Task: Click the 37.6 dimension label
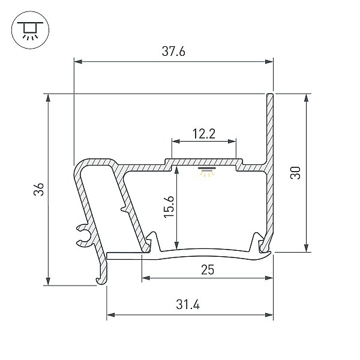(x=173, y=51)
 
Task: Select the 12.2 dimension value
(x=204, y=134)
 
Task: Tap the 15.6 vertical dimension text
(x=169, y=206)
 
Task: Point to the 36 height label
(x=38, y=189)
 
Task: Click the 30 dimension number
(x=295, y=173)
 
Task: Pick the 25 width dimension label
(x=208, y=270)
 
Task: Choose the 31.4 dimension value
(x=188, y=305)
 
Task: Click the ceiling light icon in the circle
(x=30, y=30)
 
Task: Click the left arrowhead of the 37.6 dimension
(x=78, y=62)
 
